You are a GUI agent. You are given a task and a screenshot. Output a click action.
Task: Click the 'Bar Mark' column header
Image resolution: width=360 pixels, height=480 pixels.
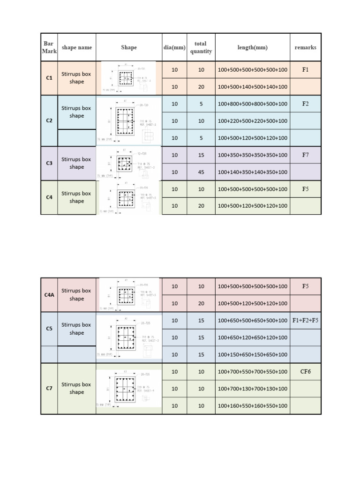49,47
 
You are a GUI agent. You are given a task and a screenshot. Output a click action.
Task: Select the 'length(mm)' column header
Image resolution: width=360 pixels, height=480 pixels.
252,47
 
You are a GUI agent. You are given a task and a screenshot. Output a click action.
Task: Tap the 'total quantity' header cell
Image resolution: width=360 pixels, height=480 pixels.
201,47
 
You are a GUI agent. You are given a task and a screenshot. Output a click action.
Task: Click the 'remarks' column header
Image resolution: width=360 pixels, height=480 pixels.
305,47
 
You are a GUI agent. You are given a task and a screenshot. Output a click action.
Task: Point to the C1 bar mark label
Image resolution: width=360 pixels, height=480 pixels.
49,78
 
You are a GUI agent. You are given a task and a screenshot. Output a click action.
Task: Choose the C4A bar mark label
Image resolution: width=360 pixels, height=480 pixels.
49,294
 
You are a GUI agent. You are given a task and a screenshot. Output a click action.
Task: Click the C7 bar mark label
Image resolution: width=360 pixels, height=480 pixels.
49,388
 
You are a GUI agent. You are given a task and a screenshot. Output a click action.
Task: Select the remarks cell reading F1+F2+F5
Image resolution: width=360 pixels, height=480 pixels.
305,320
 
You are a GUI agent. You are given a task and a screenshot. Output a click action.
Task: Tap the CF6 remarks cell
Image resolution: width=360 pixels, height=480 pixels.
305,371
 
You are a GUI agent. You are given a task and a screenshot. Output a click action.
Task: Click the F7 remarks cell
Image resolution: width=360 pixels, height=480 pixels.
305,155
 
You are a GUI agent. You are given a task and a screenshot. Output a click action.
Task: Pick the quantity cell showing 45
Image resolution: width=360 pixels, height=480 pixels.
201,172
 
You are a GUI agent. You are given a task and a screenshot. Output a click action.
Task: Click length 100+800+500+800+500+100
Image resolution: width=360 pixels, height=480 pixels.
252,104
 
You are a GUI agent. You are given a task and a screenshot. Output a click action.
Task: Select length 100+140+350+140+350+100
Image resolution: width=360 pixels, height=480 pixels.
252,172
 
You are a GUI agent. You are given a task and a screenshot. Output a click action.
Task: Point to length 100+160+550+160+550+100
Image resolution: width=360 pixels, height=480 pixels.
252,405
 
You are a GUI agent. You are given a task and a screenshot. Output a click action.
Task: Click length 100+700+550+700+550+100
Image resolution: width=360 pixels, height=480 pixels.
252,371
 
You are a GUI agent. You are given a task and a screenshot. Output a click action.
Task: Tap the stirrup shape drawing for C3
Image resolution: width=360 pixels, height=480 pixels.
128,163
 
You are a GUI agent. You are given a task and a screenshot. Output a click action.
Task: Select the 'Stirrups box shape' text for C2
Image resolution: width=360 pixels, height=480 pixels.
76,112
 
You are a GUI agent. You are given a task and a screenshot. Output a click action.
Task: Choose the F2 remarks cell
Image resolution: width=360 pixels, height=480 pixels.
305,104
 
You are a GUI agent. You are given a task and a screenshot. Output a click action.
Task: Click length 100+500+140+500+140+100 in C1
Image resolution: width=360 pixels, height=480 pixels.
252,87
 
